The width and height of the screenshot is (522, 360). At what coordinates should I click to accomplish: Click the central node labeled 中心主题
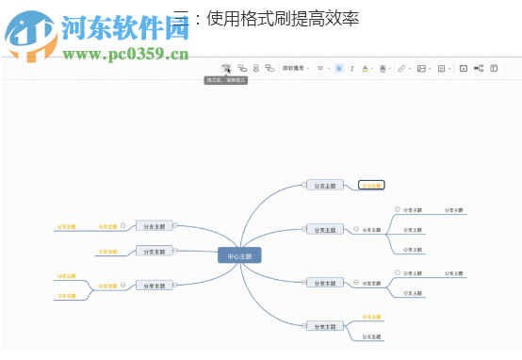tap(239, 255)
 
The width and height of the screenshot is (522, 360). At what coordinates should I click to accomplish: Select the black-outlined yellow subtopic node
tap(371, 186)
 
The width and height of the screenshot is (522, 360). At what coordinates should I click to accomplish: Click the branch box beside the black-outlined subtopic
tap(324, 186)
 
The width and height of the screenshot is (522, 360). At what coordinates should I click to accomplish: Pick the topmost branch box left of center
tap(154, 226)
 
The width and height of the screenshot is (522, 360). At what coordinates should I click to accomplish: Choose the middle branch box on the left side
tap(154, 252)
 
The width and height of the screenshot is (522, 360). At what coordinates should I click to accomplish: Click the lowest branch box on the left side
tap(154, 285)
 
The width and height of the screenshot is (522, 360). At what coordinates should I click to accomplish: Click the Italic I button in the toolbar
tap(352, 69)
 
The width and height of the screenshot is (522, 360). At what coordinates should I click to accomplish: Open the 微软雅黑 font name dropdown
tap(294, 69)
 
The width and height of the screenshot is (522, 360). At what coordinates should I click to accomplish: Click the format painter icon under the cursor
tap(225, 68)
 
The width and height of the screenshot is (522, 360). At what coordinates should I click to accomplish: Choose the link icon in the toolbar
tap(402, 69)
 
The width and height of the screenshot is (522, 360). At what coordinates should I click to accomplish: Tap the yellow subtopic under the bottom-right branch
tap(373, 318)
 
